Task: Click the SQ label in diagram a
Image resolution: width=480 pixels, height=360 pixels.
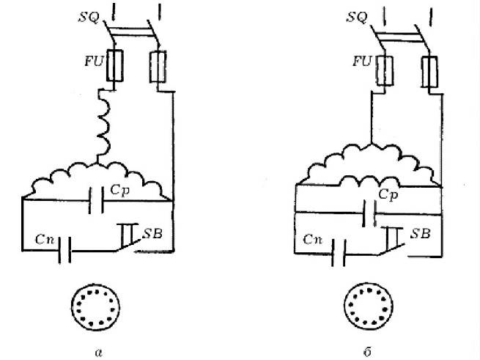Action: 89,17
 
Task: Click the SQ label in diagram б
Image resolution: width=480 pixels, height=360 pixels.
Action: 357,17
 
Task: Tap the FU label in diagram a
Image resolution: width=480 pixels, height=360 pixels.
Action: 95,62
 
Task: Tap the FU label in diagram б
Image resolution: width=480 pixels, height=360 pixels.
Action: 362,61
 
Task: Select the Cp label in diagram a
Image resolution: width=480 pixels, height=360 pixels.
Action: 119,190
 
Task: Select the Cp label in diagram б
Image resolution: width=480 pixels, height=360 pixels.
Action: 388,194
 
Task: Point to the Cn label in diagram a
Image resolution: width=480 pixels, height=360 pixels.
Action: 45,239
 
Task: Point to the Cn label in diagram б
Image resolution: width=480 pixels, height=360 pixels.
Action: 313,239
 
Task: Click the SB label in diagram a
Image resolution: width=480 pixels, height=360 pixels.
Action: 152,234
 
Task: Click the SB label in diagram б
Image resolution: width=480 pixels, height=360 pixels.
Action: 421,234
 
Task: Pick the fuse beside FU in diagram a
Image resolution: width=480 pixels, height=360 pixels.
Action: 115,65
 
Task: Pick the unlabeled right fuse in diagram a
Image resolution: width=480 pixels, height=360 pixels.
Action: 158,67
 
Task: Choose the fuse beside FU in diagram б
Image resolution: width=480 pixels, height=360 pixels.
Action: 385,70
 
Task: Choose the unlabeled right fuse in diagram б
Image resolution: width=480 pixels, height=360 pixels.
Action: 429,72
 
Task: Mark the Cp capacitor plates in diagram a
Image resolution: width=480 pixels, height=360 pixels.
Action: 96,200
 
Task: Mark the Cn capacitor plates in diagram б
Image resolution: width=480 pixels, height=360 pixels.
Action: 339,253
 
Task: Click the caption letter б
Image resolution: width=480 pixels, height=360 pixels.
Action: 368,351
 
